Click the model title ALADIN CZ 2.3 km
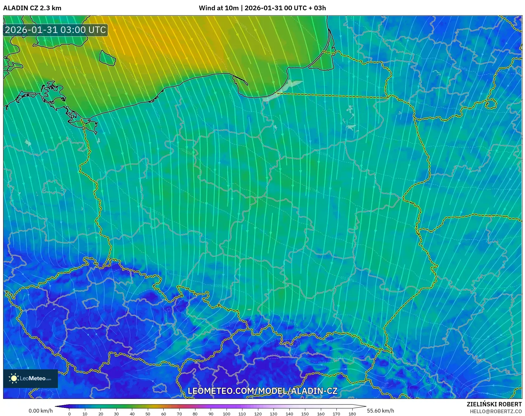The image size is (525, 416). point(32,8)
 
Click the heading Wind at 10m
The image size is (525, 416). point(218,8)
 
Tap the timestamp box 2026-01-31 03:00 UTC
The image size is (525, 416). point(55,30)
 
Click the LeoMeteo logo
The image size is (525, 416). point(30,378)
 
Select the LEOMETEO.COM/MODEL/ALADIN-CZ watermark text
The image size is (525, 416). point(262,391)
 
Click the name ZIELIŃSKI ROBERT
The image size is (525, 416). point(494,404)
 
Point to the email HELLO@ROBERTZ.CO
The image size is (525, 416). point(495,411)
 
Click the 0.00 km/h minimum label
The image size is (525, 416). point(40,411)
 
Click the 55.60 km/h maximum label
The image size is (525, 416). point(380,411)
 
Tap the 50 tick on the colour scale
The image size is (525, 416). point(148,414)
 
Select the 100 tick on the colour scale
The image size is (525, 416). point(227,414)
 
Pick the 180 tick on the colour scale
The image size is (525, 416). point(352,414)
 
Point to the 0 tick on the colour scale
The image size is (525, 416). point(69,414)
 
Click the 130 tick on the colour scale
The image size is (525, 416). point(274,414)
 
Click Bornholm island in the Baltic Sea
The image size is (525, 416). point(107,58)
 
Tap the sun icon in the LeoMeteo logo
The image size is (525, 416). point(14,378)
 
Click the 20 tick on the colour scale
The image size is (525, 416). point(101,414)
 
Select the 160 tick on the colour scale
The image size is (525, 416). point(321,414)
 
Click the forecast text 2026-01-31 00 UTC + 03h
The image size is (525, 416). point(285,8)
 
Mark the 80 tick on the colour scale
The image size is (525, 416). point(195,414)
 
